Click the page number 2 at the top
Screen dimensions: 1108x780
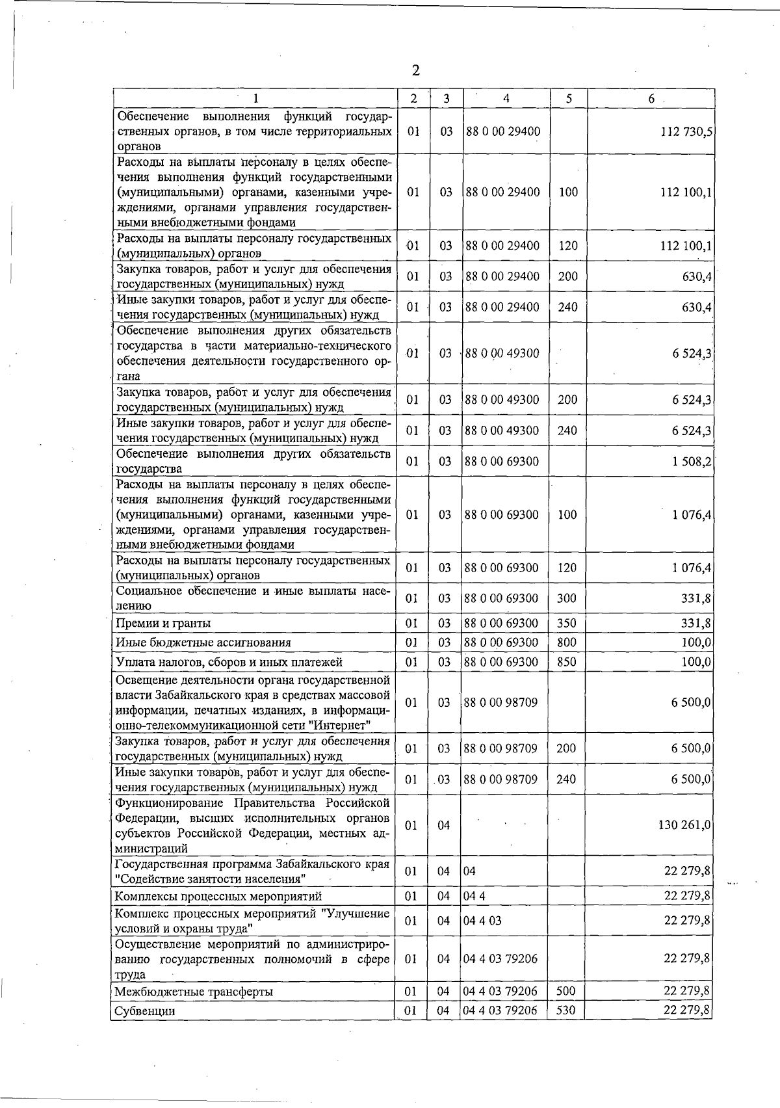click(x=415, y=70)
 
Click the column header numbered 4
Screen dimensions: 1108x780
click(x=506, y=98)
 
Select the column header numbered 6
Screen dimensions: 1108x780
click(x=651, y=98)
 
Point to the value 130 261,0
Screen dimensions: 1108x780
click(x=685, y=824)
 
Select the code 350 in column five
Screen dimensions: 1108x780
click(x=567, y=623)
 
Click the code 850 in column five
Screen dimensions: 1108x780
click(x=567, y=662)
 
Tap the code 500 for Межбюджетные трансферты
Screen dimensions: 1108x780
click(x=566, y=991)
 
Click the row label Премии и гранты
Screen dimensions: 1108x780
click(x=162, y=623)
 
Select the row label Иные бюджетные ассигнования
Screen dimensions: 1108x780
click(x=203, y=642)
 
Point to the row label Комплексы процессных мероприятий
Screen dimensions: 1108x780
click(x=218, y=897)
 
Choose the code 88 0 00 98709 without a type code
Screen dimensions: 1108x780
click(x=500, y=702)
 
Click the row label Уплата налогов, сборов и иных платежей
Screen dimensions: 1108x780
click(x=228, y=662)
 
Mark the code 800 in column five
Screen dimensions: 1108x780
click(x=567, y=642)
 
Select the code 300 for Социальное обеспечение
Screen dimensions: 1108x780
click(x=567, y=598)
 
